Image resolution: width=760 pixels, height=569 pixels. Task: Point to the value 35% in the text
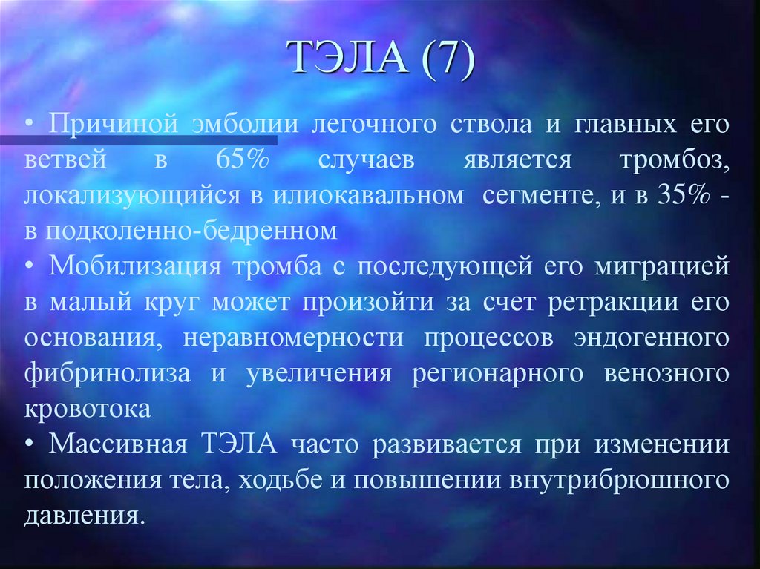[681, 196]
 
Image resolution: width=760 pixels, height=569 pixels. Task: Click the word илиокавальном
[369, 196]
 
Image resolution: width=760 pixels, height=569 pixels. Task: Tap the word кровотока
[88, 410]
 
